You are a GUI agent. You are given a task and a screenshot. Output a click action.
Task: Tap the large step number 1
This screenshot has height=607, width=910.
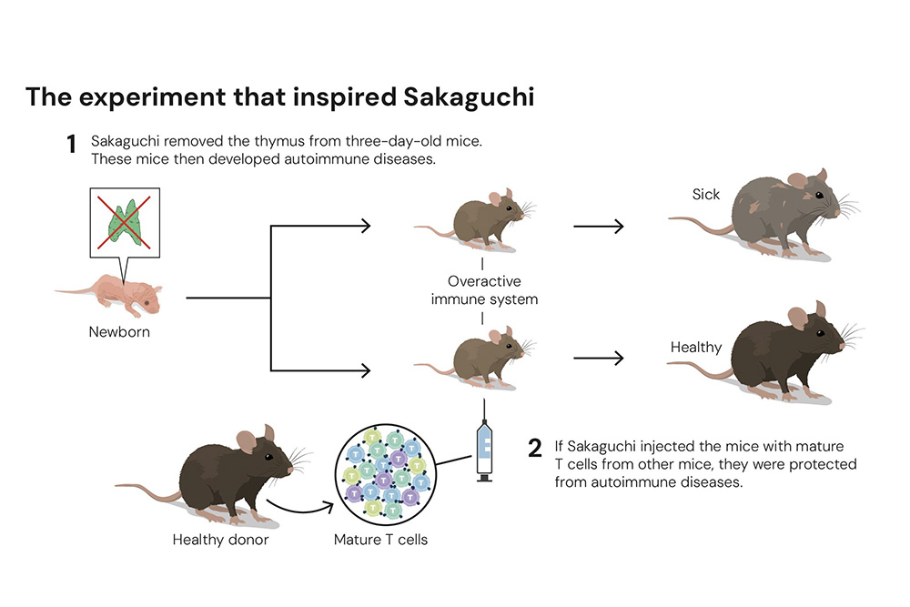click(x=72, y=144)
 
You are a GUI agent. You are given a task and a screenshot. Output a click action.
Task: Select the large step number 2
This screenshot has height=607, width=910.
click(x=535, y=448)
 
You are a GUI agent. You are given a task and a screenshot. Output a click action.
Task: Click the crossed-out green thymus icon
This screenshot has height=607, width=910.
click(x=126, y=222)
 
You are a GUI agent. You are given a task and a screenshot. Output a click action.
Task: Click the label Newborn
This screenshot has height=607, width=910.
click(x=119, y=332)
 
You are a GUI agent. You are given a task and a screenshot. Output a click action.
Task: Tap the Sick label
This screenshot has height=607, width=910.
click(x=705, y=194)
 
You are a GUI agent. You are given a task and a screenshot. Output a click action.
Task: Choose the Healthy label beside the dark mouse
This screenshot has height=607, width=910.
click(x=695, y=347)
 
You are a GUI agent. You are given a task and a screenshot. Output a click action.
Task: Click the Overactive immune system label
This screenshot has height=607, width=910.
click(x=484, y=289)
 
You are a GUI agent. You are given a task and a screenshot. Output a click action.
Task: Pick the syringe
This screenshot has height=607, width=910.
click(x=485, y=448)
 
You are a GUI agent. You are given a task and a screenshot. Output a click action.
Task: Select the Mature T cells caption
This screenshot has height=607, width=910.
click(x=380, y=540)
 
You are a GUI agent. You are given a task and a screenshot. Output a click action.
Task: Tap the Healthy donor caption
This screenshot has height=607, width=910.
click(x=220, y=540)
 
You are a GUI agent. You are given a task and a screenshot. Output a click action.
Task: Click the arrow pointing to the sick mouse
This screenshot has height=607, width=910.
click(x=598, y=226)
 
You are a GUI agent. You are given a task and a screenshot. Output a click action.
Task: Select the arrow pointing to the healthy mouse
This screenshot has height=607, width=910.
click(x=598, y=358)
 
